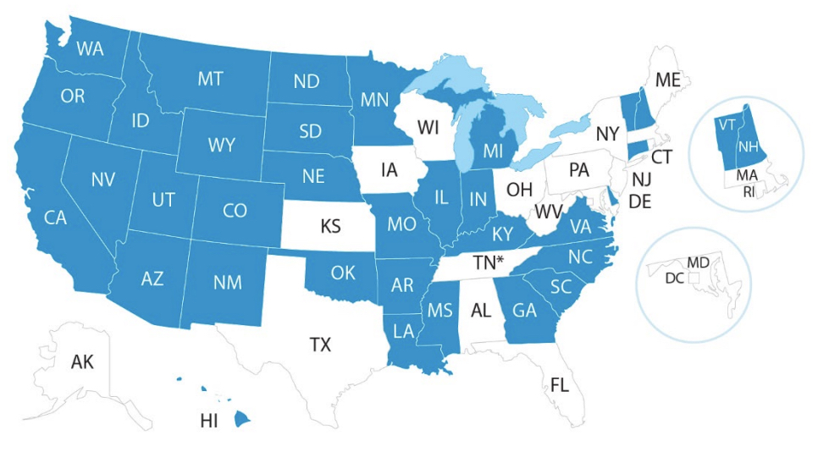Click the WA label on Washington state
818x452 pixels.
coord(90,47)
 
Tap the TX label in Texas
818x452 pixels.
coord(320,345)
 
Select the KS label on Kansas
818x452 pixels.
coord(331,227)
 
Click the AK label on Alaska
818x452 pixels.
coord(82,362)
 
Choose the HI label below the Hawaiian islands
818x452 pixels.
coord(209,421)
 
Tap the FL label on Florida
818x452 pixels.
coord(559,385)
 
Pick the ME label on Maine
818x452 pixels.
coord(667,80)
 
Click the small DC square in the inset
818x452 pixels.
coord(694,277)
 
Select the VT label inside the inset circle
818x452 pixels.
coord(726,124)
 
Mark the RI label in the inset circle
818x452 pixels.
coord(748,191)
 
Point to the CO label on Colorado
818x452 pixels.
coord(235,211)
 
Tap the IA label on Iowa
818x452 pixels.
coord(389,170)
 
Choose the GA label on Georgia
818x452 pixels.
coord(525,310)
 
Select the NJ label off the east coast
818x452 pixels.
coord(642,179)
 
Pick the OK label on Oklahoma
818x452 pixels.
coord(343,273)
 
